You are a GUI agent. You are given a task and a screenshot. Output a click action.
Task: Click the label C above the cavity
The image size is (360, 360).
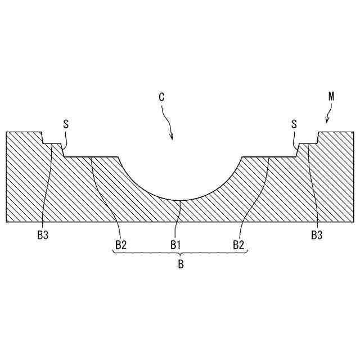click(161, 97)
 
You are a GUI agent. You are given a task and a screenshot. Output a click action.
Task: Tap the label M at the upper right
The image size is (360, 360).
click(331, 96)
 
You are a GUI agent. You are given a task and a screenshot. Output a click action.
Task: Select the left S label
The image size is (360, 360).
click(66, 124)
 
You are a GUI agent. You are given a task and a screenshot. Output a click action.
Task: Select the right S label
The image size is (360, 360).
click(294, 124)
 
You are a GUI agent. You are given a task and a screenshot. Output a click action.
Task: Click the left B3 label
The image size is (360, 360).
click(43, 235)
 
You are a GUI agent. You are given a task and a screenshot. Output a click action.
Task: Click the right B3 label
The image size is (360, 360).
click(317, 235)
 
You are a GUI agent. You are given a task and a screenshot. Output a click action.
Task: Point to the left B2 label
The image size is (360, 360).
click(121, 245)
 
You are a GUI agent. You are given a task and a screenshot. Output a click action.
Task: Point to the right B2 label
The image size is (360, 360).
click(239, 245)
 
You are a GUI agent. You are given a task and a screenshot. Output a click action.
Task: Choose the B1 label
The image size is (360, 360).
click(177, 245)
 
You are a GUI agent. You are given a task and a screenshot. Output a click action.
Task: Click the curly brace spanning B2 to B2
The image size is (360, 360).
click(181, 253)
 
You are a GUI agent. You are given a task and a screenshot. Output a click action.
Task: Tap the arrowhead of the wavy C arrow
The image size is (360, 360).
click(172, 138)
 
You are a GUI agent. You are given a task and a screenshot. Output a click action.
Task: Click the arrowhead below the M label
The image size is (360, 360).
click(326, 121)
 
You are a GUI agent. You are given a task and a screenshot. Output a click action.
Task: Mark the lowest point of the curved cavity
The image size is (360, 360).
click(180, 201)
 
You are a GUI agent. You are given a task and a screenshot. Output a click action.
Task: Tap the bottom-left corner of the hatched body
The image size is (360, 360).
click(6, 222)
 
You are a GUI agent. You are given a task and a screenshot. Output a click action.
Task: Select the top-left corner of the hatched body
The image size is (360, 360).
click(6, 132)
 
